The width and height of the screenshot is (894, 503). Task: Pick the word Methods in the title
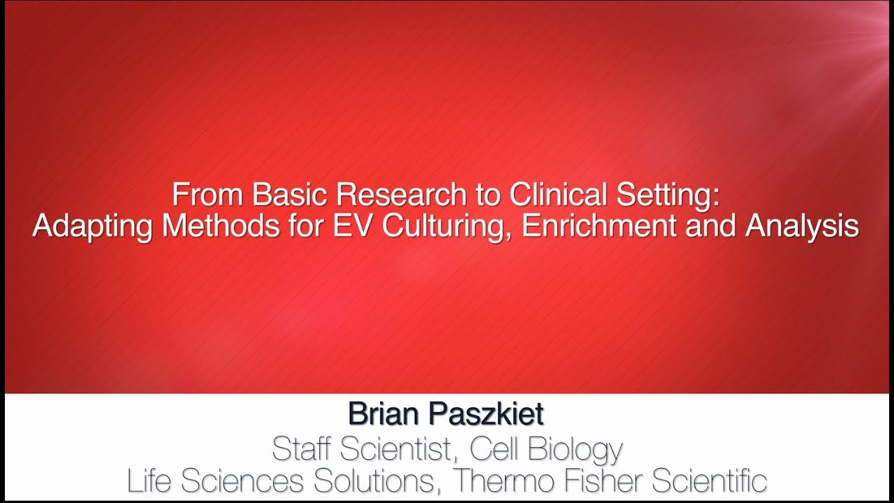[x=210, y=226]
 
